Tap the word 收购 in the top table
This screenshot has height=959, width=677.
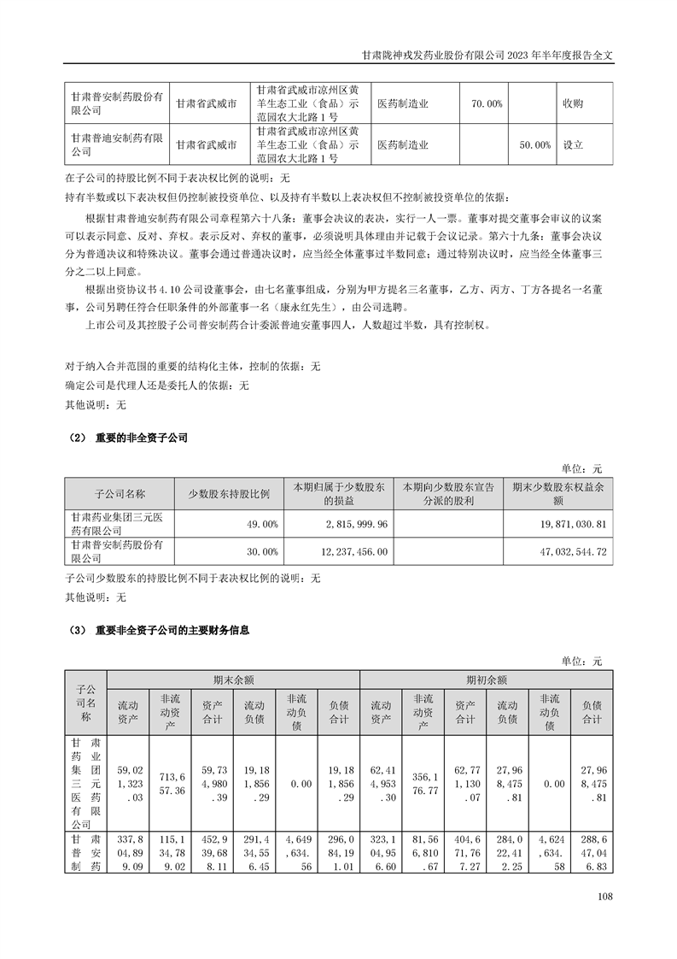tap(573, 103)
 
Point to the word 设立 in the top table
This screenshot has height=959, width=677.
tap(573, 145)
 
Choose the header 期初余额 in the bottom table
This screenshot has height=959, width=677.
tap(487, 680)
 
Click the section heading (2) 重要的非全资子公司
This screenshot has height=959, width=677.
tap(126, 438)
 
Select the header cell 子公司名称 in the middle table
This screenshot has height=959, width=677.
tap(120, 493)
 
